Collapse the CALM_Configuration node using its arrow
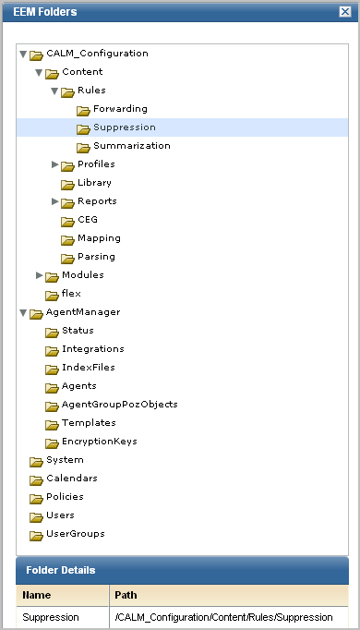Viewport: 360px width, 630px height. tap(23, 54)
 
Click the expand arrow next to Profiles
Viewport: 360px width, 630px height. tap(54, 164)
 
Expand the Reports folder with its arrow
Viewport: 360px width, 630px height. tap(54, 201)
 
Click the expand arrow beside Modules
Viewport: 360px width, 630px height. tap(39, 275)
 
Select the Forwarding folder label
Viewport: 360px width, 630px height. tap(119, 109)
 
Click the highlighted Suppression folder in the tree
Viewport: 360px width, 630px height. tap(124, 127)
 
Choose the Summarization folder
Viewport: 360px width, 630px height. tap(131, 146)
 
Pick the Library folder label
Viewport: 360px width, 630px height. tap(94, 183)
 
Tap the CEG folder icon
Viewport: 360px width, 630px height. tap(67, 221)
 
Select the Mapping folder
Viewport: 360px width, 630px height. tap(98, 238)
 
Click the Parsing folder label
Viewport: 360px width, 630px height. tap(96, 257)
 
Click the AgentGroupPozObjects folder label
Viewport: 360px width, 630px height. tap(119, 405)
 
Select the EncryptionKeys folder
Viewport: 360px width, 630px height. tap(99, 442)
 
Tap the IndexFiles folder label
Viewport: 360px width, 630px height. tap(88, 368)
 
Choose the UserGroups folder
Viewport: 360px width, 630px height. tap(75, 534)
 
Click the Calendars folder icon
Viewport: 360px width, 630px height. tap(36, 479)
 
